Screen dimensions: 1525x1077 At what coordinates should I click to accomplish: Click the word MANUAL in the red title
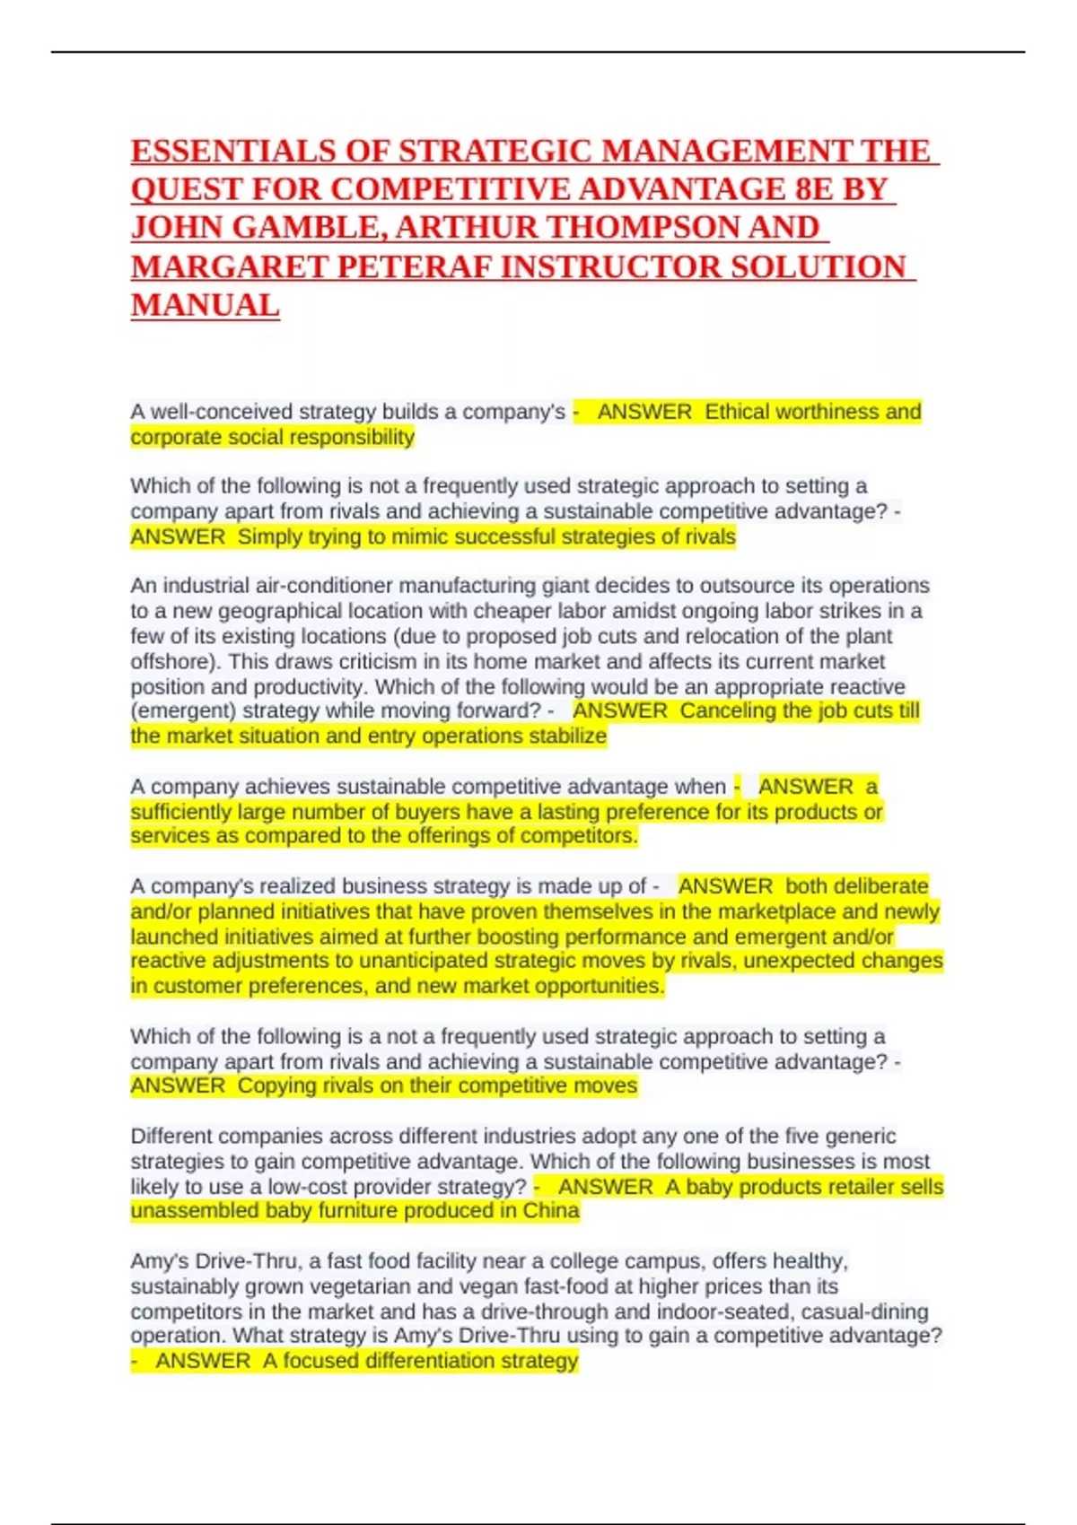(205, 306)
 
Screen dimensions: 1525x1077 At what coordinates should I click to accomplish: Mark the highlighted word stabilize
(565, 736)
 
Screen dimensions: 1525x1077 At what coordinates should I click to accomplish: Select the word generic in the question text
(860, 1136)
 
